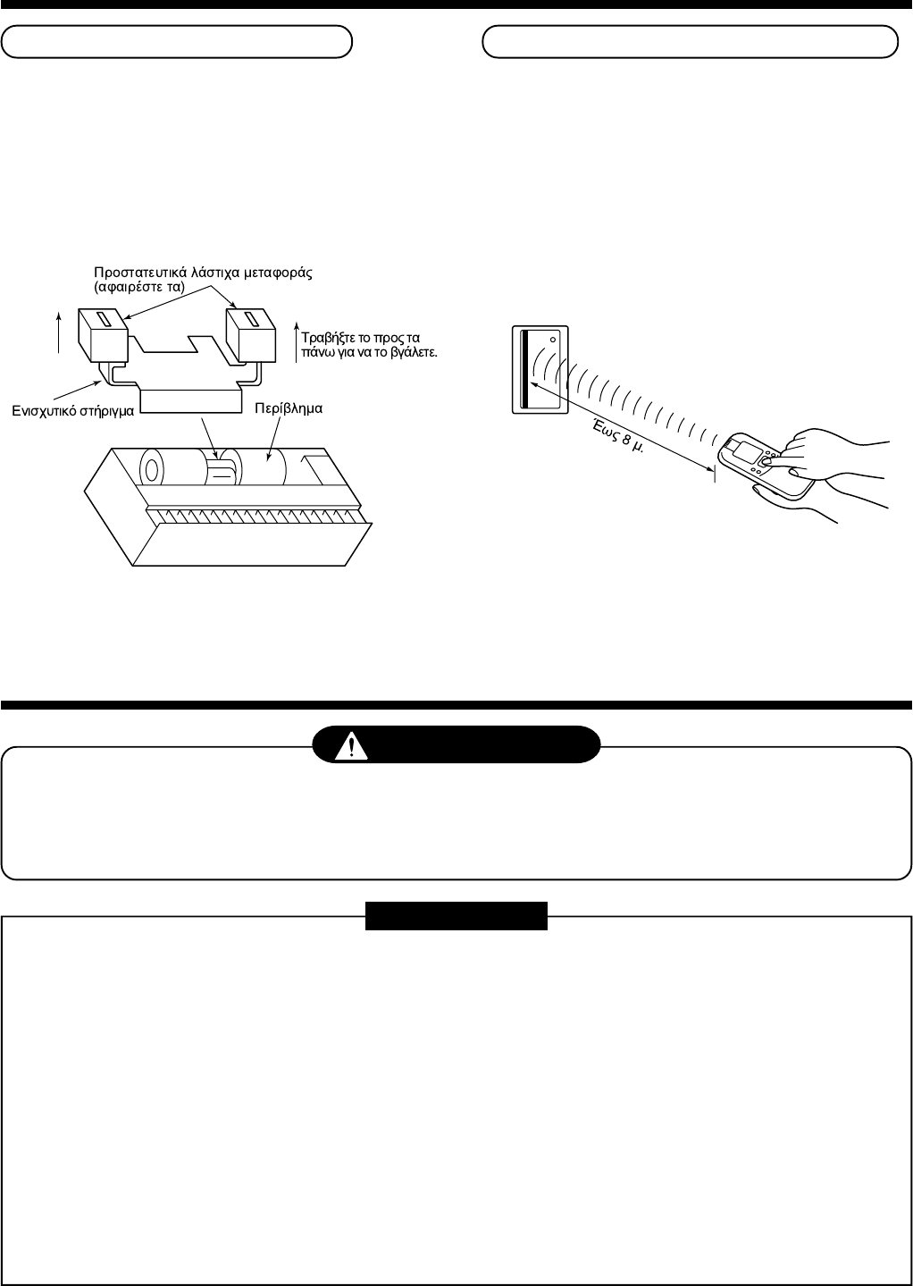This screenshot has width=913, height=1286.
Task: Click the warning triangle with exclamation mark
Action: [x=352, y=744]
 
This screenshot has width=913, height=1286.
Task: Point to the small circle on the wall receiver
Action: [x=554, y=340]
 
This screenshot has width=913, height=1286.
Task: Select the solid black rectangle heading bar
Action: [x=456, y=916]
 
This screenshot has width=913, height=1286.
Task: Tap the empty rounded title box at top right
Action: [x=690, y=41]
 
